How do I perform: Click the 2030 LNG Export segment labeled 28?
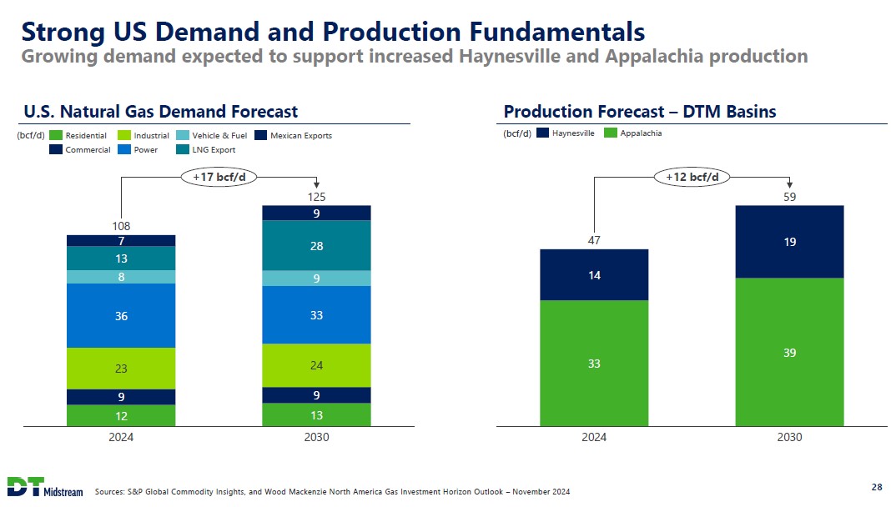point(316,245)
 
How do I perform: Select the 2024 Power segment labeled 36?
point(121,315)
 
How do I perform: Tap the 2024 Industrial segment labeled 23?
point(121,368)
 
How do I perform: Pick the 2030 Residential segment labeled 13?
point(316,414)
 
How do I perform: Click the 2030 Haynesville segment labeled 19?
point(789,242)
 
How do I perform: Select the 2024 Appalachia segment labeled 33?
point(594,363)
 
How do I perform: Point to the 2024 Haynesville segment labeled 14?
point(594,274)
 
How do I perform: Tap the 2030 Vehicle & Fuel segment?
point(316,279)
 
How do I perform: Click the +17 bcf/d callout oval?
point(219,177)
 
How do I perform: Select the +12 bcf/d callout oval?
point(692,177)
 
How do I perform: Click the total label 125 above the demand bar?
point(316,198)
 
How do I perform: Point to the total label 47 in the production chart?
point(594,240)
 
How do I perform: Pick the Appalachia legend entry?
point(633,133)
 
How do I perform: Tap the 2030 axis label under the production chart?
point(789,437)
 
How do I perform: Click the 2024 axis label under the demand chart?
point(121,437)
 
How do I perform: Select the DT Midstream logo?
point(45,487)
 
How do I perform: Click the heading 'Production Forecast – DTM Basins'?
point(640,112)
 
